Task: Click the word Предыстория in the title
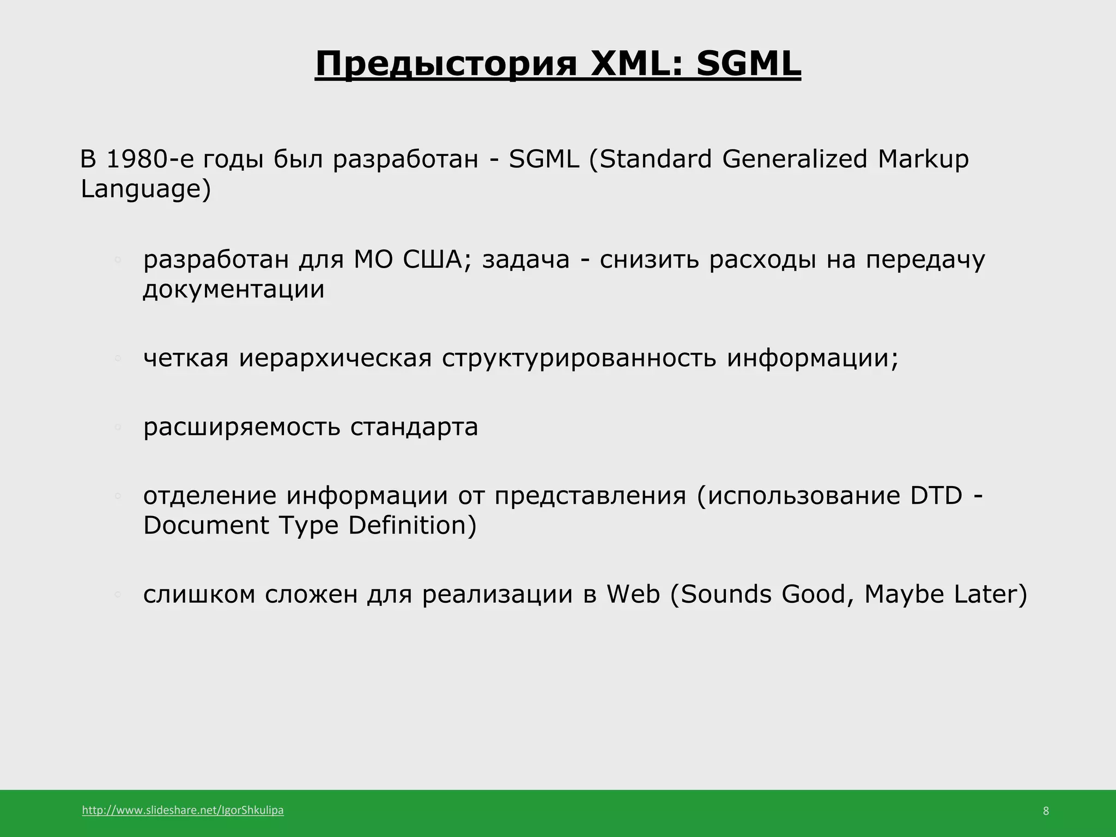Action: (446, 64)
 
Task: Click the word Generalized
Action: (794, 159)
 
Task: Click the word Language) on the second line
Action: (145, 190)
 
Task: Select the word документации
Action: (234, 289)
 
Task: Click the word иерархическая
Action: (335, 359)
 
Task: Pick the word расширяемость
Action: (241, 427)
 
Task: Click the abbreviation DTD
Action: (936, 496)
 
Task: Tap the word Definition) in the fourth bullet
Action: (413, 526)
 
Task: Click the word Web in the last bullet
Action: (633, 594)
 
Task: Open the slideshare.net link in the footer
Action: (183, 810)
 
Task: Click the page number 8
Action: (1046, 811)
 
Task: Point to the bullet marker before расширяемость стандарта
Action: (117, 428)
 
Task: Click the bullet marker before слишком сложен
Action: (117, 595)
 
